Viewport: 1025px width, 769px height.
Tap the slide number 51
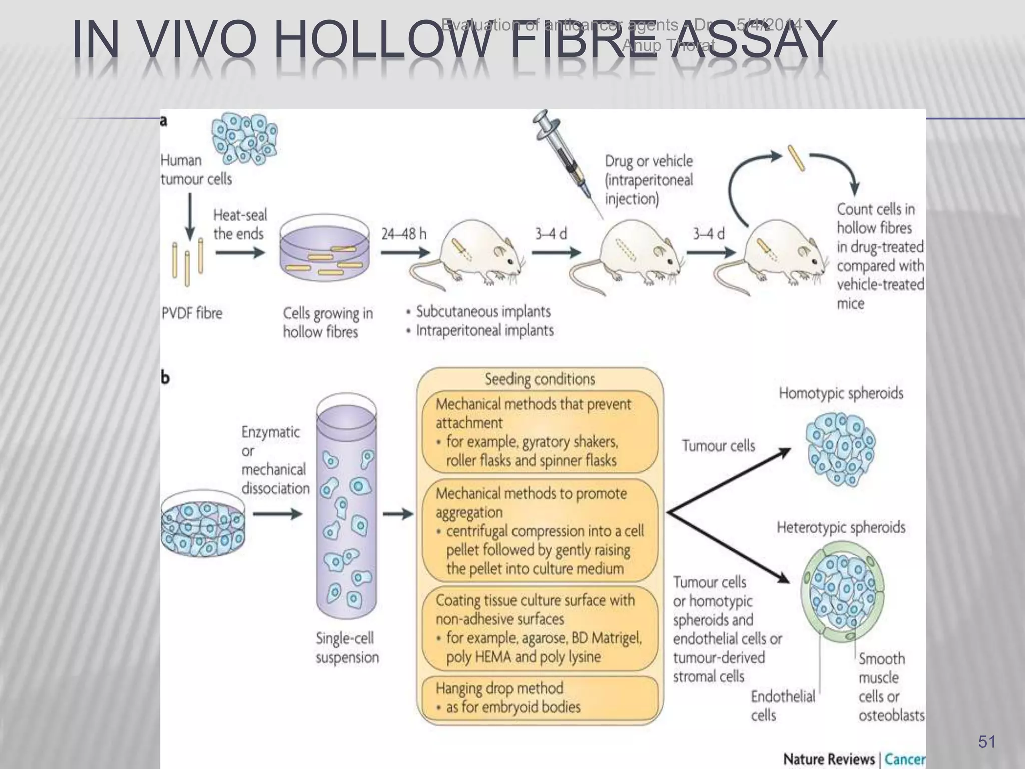coord(987,742)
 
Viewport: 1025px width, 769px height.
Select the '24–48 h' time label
coord(404,234)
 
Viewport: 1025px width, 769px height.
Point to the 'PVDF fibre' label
coord(192,313)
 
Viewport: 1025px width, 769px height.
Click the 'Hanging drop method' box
coord(540,698)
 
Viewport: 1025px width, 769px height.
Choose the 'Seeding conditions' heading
coord(540,379)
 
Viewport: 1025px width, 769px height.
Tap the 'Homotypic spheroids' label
coord(841,393)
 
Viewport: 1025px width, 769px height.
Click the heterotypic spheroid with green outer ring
coord(843,593)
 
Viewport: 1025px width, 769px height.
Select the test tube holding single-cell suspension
coord(346,506)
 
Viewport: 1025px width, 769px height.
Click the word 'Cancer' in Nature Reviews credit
coord(905,759)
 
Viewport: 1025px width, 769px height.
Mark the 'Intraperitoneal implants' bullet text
coord(484,331)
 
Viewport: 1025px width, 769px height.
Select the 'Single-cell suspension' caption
coord(347,648)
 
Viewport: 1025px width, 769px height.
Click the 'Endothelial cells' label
coord(782,705)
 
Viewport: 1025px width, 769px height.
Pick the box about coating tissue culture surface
coord(540,628)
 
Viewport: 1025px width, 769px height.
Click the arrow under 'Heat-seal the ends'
coord(240,253)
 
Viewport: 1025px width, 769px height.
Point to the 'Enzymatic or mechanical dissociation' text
coord(275,460)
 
